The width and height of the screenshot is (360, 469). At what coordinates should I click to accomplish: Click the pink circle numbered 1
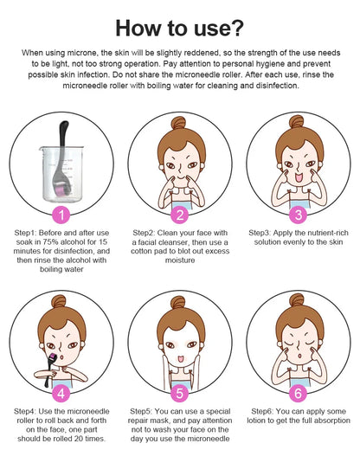61,215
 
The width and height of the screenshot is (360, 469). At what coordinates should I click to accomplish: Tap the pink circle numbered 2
179,215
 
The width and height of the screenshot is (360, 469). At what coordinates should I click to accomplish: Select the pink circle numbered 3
299,215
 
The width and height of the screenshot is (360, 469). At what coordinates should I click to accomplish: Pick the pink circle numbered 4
61,394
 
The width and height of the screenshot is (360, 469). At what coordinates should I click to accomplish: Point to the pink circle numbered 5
179,394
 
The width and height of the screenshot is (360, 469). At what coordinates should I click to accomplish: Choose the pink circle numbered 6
298,394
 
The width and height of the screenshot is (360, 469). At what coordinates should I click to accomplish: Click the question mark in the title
236,28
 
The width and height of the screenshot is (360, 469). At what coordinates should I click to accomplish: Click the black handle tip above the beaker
64,125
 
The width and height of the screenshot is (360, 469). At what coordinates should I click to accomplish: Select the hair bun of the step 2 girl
178,123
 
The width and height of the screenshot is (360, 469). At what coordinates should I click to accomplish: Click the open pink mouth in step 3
299,177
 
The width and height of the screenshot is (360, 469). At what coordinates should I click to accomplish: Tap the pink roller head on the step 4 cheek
53,357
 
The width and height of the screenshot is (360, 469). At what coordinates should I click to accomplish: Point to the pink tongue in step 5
180,358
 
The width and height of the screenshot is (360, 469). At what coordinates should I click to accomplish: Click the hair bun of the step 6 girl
297,300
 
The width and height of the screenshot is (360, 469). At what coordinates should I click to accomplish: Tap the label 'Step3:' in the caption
260,233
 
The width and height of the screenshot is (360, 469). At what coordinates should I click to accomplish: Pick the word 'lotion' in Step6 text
256,421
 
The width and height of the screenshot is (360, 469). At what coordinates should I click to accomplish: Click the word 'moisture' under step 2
180,260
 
